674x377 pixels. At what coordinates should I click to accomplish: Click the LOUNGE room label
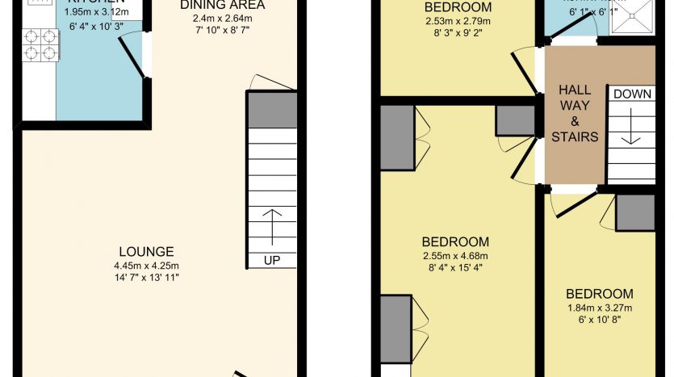[x=145, y=251]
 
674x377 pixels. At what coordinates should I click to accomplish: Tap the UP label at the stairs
[x=271, y=260]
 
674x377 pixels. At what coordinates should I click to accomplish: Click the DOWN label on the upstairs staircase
[x=632, y=94]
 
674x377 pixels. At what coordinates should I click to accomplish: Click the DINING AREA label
[x=222, y=5]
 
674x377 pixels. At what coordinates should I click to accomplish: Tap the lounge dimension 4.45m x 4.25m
[x=145, y=266]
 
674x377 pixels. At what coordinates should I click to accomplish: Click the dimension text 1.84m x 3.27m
[x=599, y=308]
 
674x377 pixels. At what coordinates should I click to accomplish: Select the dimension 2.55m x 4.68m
[x=455, y=256]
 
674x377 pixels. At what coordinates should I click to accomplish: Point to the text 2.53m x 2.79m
[x=457, y=22]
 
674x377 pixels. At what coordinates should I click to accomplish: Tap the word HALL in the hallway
[x=575, y=90]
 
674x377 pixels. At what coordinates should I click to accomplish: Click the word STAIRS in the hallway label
[x=575, y=136]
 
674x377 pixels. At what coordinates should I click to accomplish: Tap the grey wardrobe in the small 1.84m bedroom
[x=634, y=212]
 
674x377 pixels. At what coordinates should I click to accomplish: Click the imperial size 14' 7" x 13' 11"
[x=145, y=278]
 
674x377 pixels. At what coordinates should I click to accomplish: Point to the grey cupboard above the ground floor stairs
[x=271, y=110]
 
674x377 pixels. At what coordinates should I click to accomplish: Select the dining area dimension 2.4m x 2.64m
[x=222, y=19]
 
